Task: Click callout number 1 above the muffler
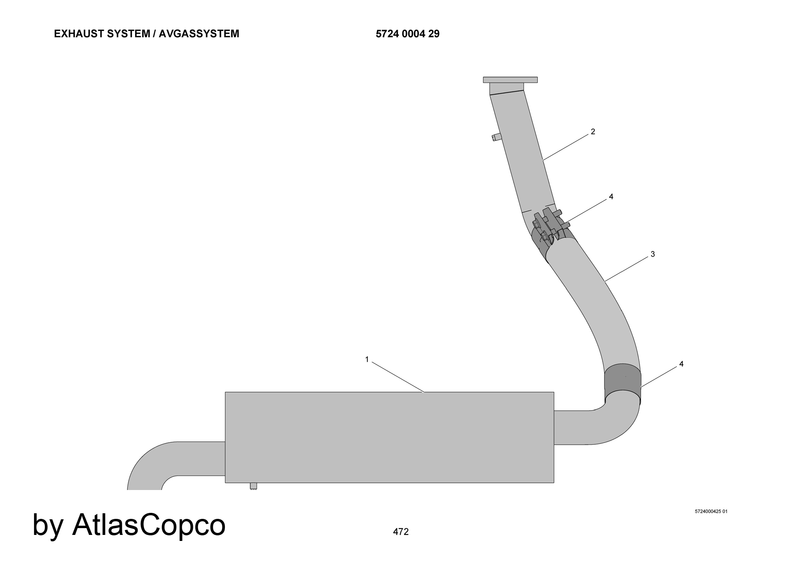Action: pyautogui.click(x=367, y=360)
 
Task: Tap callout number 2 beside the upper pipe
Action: pyautogui.click(x=593, y=132)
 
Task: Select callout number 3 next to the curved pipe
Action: pyautogui.click(x=653, y=254)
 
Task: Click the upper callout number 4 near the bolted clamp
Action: pyautogui.click(x=611, y=197)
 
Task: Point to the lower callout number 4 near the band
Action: pyautogui.click(x=681, y=364)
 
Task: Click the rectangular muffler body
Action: pyautogui.click(x=389, y=437)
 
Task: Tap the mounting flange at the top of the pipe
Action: pyautogui.click(x=510, y=79)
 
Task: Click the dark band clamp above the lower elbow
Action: pyautogui.click(x=623, y=378)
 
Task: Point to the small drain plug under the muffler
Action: pyautogui.click(x=253, y=486)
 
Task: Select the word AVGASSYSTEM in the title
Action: pyautogui.click(x=199, y=34)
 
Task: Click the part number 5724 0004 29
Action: pyautogui.click(x=407, y=34)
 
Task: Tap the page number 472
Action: pyautogui.click(x=401, y=532)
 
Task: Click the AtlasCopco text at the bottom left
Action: pyautogui.click(x=149, y=524)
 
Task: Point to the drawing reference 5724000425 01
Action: pyautogui.click(x=711, y=511)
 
